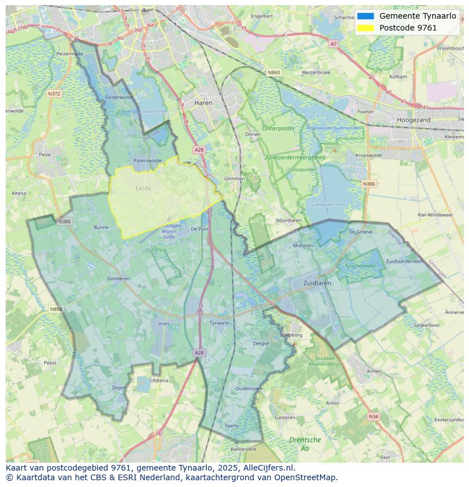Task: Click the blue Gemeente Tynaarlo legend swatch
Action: point(366,16)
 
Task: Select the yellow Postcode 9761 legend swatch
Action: point(366,27)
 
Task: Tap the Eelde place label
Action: point(143,188)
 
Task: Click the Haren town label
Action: point(203,103)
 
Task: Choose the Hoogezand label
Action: point(413,120)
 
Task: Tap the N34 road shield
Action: point(373,416)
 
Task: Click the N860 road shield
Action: point(274,72)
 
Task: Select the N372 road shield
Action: point(54,93)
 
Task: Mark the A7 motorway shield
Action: point(333,44)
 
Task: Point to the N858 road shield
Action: point(56,309)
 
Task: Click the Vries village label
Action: point(164,324)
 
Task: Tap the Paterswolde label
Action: point(147,161)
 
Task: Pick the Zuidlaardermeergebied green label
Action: point(295,157)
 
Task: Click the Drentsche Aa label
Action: point(305,443)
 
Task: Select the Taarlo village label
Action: point(231,425)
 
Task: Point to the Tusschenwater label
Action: point(360,265)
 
